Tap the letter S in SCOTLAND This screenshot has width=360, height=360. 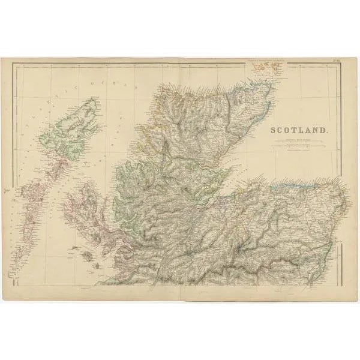coord(274,130)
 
